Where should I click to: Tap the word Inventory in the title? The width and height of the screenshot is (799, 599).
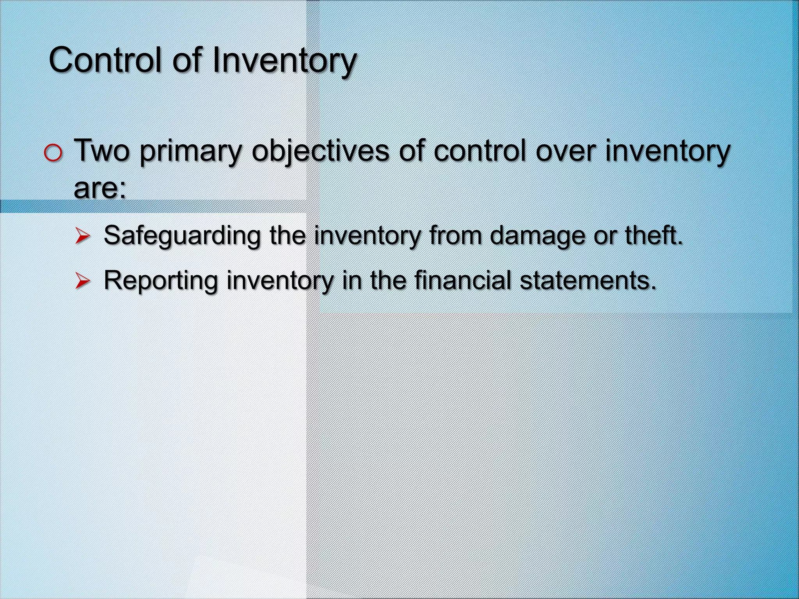[x=285, y=60]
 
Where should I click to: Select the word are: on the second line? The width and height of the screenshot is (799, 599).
[x=100, y=188]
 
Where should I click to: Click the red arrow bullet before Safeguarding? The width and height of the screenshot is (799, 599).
[x=83, y=236]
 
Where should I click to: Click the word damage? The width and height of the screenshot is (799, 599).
[x=537, y=236]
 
